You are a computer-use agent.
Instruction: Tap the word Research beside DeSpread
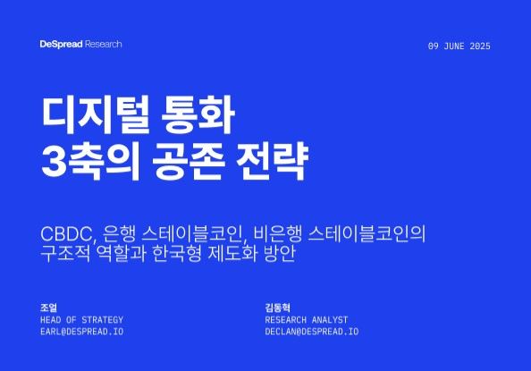point(104,44)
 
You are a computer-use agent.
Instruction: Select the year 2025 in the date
point(479,46)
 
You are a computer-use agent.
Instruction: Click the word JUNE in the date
point(452,46)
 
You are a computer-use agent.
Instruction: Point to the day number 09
point(434,46)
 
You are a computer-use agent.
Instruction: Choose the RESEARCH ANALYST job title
point(307,319)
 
